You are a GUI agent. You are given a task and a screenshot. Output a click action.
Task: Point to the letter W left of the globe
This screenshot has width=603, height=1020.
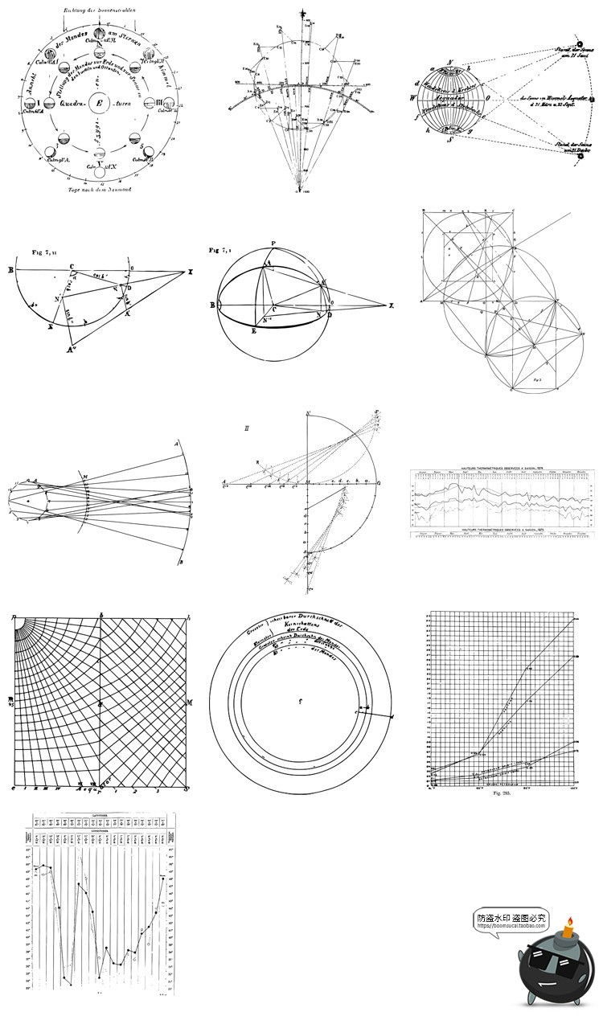(412, 100)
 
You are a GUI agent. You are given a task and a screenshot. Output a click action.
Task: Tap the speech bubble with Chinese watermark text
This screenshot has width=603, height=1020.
(511, 920)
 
